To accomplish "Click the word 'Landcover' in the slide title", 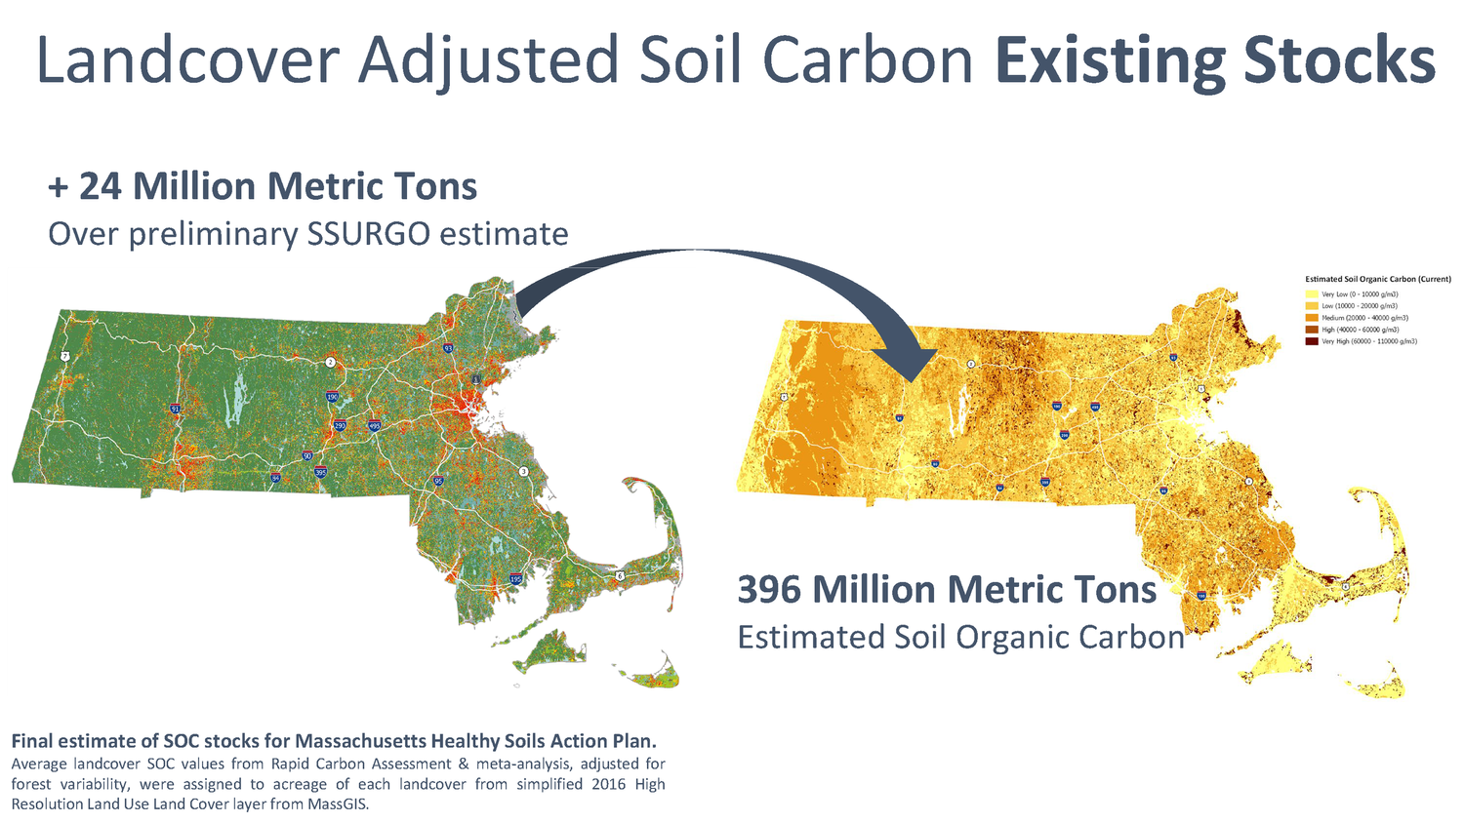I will [x=186, y=60].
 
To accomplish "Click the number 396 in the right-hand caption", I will [x=769, y=590].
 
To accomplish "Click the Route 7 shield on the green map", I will [x=64, y=357].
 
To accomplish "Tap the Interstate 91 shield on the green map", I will [x=175, y=410].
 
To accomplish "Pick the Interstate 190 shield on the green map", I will [x=332, y=397].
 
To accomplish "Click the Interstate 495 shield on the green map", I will [x=375, y=426].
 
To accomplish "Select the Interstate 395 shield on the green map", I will [x=320, y=472].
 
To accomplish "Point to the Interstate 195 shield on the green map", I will [x=515, y=579].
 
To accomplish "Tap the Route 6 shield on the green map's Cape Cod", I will [x=620, y=576].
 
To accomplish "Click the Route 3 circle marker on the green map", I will [x=524, y=472].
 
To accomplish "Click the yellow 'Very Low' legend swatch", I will [x=1312, y=294].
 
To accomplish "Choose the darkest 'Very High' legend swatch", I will [x=1312, y=341].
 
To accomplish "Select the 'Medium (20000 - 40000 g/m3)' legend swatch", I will [x=1312, y=318].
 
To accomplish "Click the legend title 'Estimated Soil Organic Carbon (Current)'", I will [x=1377, y=280].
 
